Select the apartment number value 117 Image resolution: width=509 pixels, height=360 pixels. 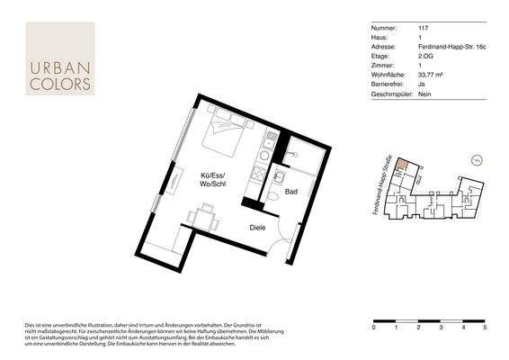(423, 29)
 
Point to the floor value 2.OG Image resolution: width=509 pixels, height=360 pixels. (426, 56)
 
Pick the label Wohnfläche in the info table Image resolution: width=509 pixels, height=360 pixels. (386, 75)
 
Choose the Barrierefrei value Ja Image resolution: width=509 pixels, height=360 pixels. (423, 84)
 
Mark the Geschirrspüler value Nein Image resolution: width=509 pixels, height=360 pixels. (426, 93)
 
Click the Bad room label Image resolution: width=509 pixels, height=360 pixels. (291, 192)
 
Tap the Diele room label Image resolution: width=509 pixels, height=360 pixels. (258, 229)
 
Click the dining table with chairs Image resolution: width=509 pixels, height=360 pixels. (203, 217)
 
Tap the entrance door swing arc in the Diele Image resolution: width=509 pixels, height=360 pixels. (286, 241)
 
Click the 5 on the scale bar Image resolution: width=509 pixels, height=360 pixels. (485, 329)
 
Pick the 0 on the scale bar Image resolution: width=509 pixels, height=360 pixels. (373, 329)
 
